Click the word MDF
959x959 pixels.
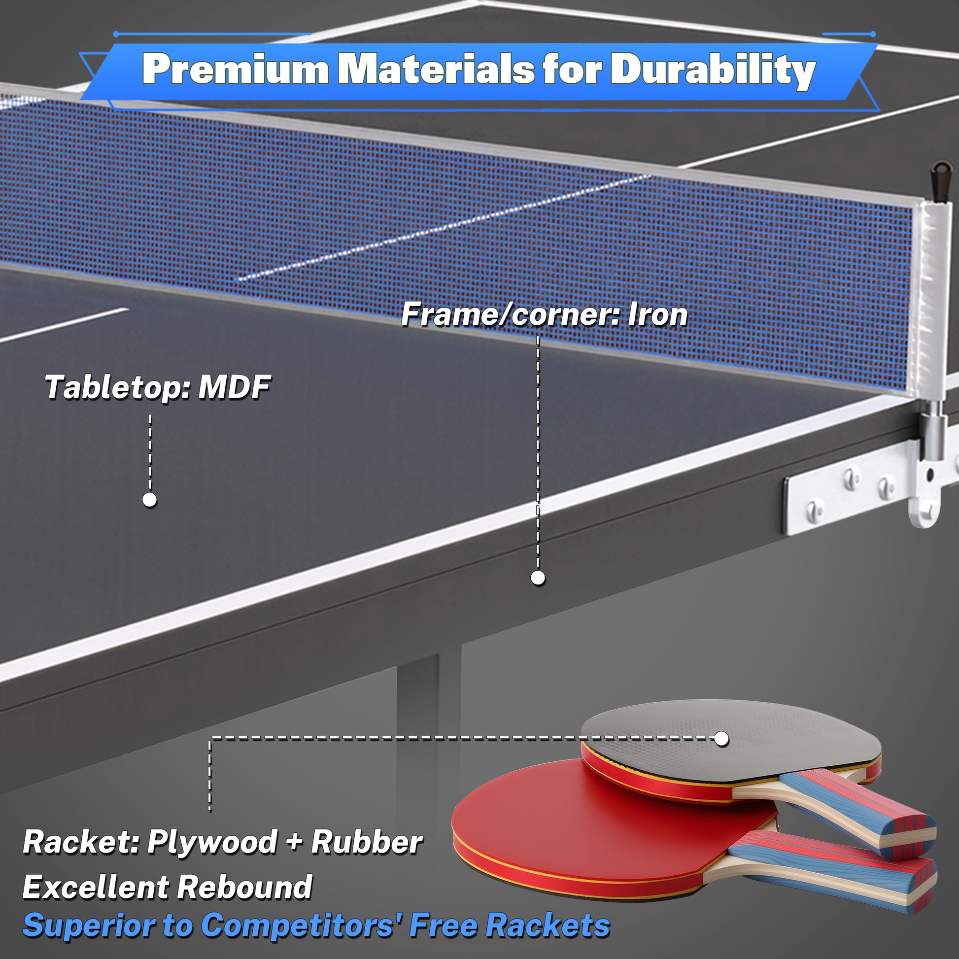[234, 387]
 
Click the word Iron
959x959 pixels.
[658, 315]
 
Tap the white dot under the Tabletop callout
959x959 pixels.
[149, 499]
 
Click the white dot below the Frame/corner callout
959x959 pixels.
[538, 578]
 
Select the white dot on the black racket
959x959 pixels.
[722, 739]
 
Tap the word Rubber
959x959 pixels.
[367, 842]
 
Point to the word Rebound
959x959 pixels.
[244, 887]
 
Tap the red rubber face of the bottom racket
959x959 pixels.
[596, 824]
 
